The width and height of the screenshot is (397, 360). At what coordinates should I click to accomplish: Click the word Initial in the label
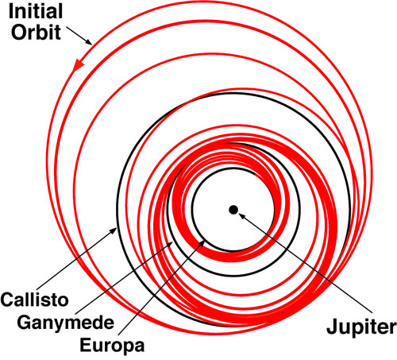(36, 11)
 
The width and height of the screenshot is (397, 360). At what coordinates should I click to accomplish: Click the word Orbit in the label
(37, 32)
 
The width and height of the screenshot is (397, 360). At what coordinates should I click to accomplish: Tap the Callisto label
(34, 300)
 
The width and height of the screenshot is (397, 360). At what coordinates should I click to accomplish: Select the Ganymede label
(66, 323)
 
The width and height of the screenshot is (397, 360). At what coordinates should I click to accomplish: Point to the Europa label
(112, 346)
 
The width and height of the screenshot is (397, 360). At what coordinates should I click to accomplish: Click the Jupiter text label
(361, 327)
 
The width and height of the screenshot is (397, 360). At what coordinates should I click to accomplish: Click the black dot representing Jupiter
(233, 210)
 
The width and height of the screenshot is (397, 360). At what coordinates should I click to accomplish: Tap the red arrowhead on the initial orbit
(78, 65)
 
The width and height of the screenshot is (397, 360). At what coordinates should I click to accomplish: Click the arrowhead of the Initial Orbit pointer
(88, 42)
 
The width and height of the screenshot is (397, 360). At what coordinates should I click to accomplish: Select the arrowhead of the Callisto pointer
(114, 230)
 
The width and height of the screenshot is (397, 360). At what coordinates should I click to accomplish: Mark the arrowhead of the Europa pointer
(202, 243)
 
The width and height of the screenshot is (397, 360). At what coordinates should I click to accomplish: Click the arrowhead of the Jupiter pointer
(241, 216)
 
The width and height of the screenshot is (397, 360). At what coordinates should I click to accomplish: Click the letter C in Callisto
(7, 300)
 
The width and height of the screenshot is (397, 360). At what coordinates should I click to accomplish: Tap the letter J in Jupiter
(332, 327)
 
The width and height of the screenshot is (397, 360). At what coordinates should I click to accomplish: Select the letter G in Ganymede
(24, 322)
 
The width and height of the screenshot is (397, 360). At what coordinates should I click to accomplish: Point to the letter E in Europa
(85, 345)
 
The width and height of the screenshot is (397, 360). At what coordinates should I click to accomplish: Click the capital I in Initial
(11, 11)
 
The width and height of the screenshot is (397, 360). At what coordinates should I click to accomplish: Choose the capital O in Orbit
(18, 33)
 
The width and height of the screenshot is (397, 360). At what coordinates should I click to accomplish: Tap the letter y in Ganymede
(50, 325)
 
